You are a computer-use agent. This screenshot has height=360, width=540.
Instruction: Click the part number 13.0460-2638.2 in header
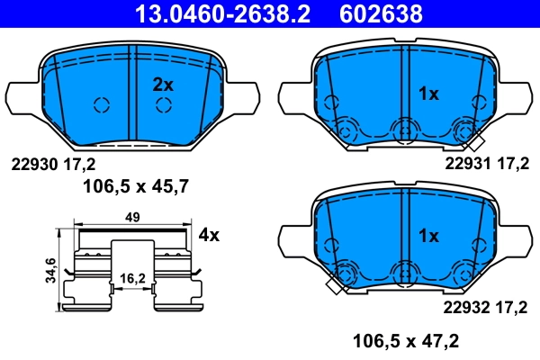[x=209, y=13]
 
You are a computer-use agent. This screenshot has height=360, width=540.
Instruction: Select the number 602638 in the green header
[x=380, y=13]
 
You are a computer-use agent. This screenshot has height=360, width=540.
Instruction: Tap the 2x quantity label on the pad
[x=162, y=85]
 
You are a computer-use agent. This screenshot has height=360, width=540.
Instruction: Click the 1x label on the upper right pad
[x=429, y=93]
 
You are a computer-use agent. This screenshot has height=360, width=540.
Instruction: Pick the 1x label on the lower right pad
[x=429, y=236]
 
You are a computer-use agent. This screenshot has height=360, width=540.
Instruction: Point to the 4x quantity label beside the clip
[x=209, y=235]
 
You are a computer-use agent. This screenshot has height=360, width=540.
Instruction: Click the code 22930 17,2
[x=52, y=164]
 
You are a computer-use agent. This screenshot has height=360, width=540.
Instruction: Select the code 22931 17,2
[x=486, y=164]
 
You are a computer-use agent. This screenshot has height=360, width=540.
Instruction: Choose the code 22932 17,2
[x=486, y=309]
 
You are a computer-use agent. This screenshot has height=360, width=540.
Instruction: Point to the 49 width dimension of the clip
[x=132, y=218]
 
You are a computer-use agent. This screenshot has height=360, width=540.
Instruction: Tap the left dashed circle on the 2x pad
[x=102, y=104]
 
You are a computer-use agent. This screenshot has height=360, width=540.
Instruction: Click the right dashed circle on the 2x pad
[x=163, y=104]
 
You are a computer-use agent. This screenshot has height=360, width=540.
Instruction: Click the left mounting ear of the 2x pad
[x=22, y=97]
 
